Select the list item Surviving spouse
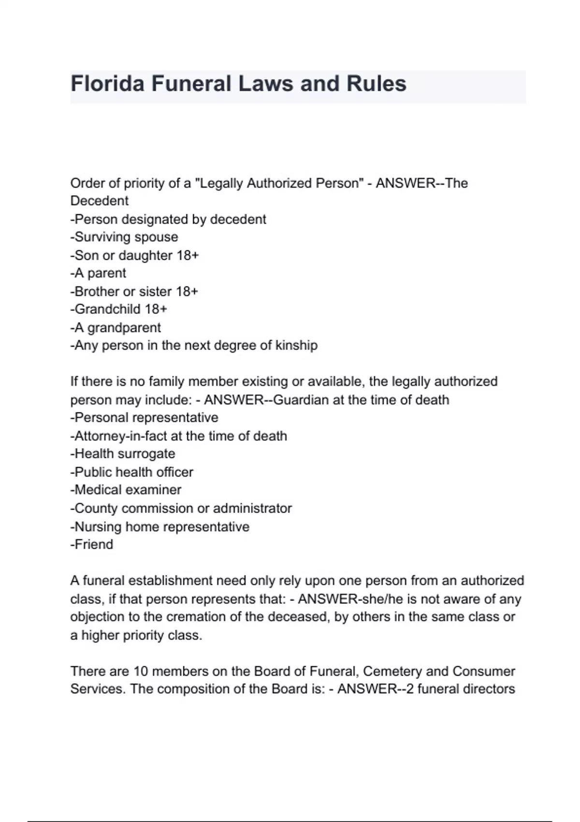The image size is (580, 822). pyautogui.click(x=124, y=237)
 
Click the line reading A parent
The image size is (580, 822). pyautogui.click(x=99, y=273)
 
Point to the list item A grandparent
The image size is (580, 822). pyautogui.click(x=116, y=327)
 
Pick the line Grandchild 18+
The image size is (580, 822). pyautogui.click(x=119, y=309)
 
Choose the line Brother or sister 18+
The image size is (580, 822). pyautogui.click(x=134, y=292)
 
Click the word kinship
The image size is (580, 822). pyautogui.click(x=296, y=345)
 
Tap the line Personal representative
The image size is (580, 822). pyautogui.click(x=145, y=417)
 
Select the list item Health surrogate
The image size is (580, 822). pyautogui.click(x=123, y=454)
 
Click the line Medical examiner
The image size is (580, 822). pyautogui.click(x=126, y=490)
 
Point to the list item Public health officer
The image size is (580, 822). pyautogui.click(x=132, y=472)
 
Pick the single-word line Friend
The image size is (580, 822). pyautogui.click(x=92, y=544)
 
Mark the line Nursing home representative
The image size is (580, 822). pyautogui.click(x=160, y=527)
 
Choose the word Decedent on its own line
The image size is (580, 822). pyautogui.click(x=100, y=201)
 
